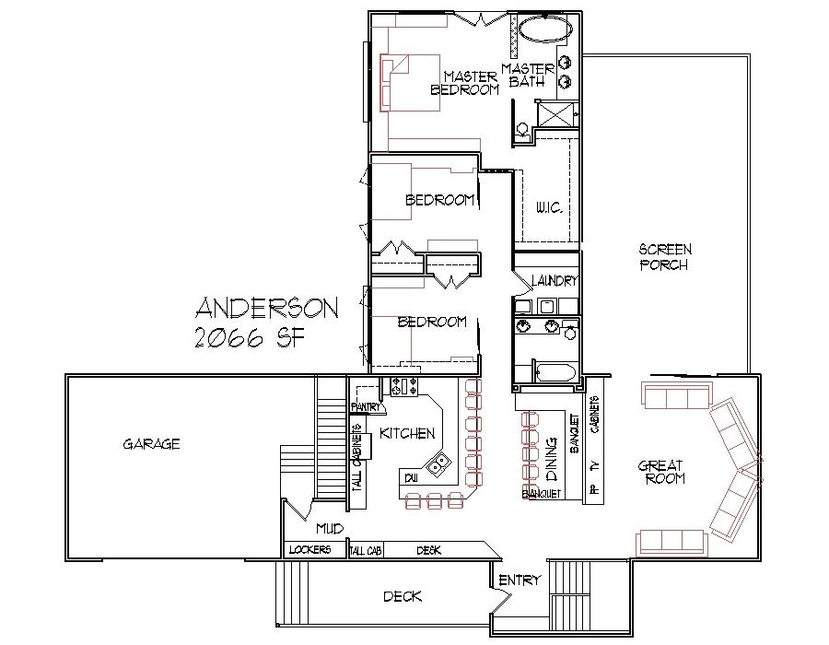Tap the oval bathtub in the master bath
[x=544, y=29]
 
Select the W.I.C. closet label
[x=550, y=209]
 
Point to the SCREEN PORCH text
[x=665, y=257]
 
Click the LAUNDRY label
[x=554, y=281]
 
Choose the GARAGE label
[x=151, y=444]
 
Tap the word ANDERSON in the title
[x=267, y=308]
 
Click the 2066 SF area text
[x=251, y=338]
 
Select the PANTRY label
[x=366, y=406]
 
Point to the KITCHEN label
[x=406, y=433]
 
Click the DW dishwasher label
[x=410, y=476]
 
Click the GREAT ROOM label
[x=661, y=473]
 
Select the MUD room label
[x=330, y=529]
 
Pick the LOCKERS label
[x=309, y=550]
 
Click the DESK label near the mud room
[x=428, y=550]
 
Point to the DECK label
[x=403, y=597]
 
